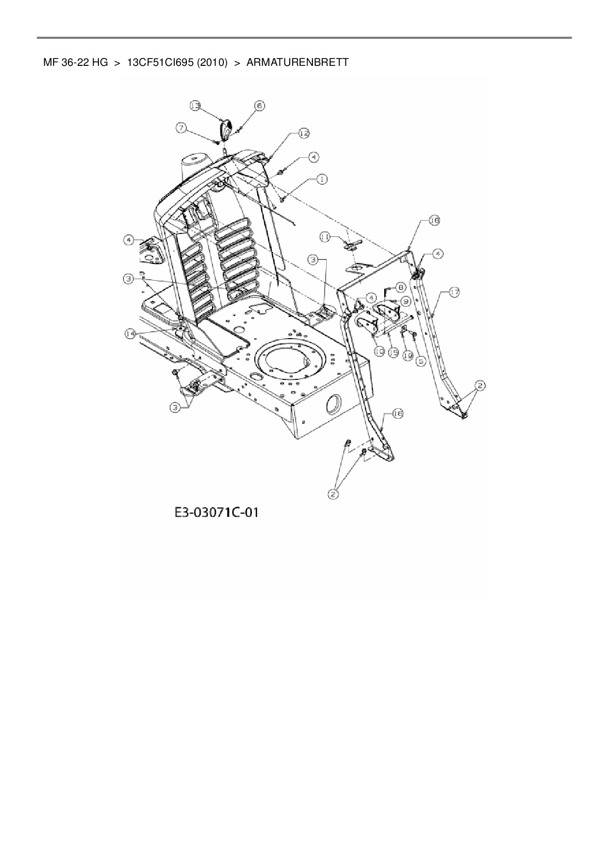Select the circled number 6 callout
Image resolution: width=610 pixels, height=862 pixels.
pos(259,105)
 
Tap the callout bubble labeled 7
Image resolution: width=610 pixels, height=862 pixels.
pos(182,127)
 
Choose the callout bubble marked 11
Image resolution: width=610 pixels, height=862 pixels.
pos(325,237)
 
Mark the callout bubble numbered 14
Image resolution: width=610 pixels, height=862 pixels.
pos(130,333)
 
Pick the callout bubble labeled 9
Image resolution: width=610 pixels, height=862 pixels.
pos(406,301)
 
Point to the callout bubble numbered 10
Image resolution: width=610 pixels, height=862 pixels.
pos(379,352)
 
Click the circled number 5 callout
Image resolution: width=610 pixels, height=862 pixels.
pos(420,360)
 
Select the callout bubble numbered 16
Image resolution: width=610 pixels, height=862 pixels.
pos(397,414)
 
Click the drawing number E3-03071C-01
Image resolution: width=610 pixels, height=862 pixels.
pos(216,513)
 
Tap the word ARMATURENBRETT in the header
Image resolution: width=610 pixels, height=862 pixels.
pos(297,62)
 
